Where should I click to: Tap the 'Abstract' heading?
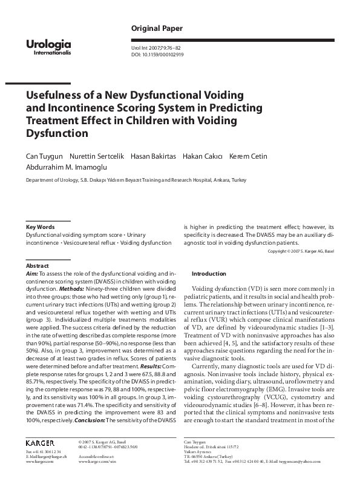point(37,266)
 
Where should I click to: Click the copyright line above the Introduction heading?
point(301,251)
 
